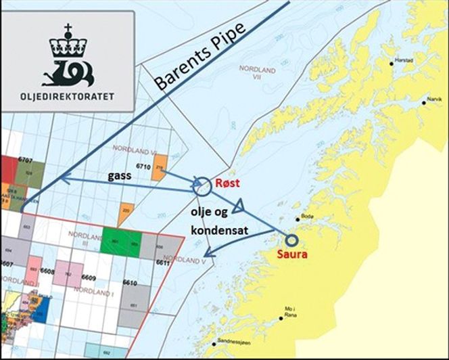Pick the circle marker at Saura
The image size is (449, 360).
[x=291, y=240]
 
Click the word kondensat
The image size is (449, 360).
[x=219, y=231]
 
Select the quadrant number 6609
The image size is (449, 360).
[x=87, y=277]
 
